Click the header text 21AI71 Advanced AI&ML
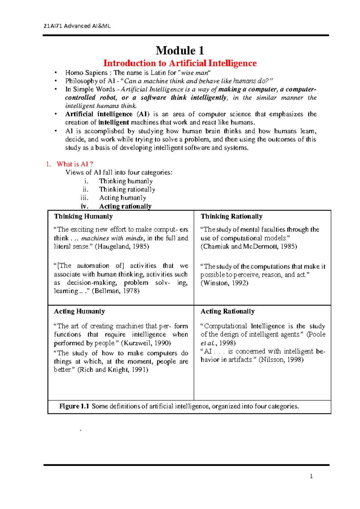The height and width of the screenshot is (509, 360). click(x=77, y=26)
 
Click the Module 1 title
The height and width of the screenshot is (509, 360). click(x=180, y=50)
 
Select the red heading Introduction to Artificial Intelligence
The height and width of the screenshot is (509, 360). click(x=180, y=63)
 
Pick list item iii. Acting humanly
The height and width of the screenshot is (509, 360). click(x=122, y=198)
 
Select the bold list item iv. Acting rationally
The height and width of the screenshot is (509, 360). click(x=125, y=206)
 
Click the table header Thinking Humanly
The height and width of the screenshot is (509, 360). click(x=83, y=216)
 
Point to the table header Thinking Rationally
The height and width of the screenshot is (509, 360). click(x=231, y=216)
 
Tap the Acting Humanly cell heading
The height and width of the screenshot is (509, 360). click(x=79, y=311)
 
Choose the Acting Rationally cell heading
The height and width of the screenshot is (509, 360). click(x=227, y=311)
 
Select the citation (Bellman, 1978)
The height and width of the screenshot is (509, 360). click(x=115, y=291)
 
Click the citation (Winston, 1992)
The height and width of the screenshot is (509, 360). click(x=224, y=283)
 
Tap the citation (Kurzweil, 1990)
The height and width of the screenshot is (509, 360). click(x=146, y=343)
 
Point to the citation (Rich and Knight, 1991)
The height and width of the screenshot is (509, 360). click(x=113, y=370)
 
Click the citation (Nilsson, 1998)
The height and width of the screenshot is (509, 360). click(x=281, y=360)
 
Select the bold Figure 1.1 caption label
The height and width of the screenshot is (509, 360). click(x=74, y=406)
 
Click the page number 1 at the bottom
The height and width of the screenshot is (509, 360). click(x=311, y=476)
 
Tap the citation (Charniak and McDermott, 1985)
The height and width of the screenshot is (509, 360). click(x=249, y=246)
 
